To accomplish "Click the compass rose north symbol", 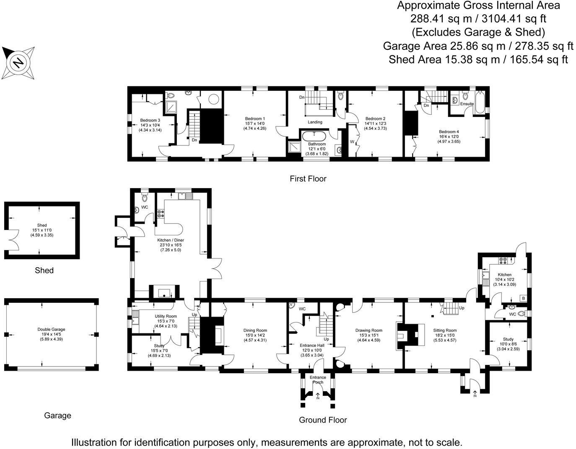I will pos(18,63).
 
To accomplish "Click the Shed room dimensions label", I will pos(42,233).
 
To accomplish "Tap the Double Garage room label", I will pos(51,330).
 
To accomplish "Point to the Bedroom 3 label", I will pos(150,121).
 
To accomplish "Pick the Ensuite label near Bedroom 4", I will pos(467,104).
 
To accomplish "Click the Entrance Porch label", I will pos(318,379).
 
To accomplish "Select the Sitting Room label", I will pos(445,330).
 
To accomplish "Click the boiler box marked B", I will pos(523,298).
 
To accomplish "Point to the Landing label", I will pos(315,122).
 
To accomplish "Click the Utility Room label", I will pos(166,316).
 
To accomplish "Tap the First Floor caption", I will pos(308,179).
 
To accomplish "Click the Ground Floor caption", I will pos(323,420).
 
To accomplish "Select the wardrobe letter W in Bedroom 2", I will pos(352,142).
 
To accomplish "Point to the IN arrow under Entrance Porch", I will pos(318,396).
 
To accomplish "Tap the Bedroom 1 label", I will pos(255,119).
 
